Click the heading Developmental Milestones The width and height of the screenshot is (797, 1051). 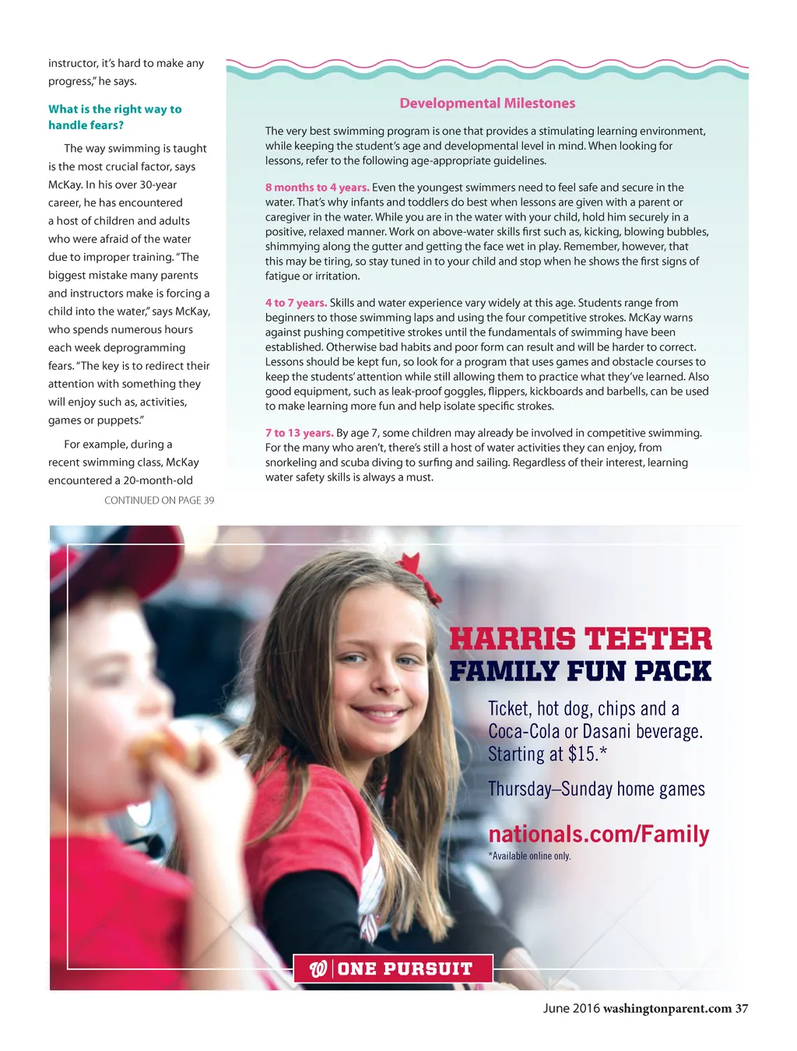487,104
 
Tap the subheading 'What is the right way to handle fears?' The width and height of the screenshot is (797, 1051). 114,117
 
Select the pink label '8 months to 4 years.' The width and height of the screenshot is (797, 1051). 317,188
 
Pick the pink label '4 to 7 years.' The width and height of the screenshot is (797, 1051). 296,303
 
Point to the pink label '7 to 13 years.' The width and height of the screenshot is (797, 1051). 299,433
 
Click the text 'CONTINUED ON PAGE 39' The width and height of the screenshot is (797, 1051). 159,501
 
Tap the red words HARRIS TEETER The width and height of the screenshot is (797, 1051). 581,639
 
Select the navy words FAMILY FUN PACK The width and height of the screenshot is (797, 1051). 581,671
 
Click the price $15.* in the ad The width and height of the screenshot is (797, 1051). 588,754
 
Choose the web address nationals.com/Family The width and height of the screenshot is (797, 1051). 599,834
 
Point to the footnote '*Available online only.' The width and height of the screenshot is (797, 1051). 529,856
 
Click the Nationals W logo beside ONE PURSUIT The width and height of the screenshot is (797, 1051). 318,969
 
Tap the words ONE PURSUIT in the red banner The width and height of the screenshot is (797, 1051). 406,969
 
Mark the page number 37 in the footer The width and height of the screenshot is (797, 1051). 742,1009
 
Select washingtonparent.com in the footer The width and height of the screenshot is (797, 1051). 667,1009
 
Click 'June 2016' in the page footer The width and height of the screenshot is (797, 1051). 571,1009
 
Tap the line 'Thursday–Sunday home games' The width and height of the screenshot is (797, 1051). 596,789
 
